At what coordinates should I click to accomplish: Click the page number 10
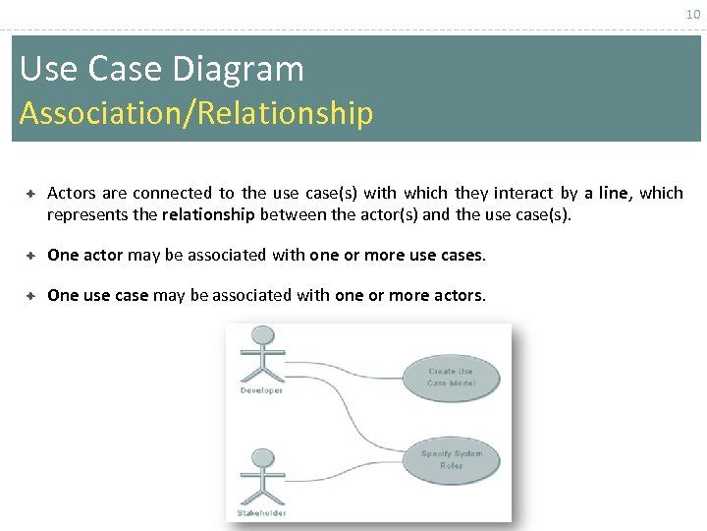[691, 14]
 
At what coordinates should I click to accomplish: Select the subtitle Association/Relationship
[196, 113]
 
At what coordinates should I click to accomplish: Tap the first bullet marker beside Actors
[31, 194]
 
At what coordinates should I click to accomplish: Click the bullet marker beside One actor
[31, 256]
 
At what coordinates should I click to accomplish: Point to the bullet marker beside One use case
[31, 296]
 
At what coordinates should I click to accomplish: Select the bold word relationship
[208, 214]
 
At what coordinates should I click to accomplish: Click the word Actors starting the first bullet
[72, 194]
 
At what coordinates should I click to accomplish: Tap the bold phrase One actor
[84, 256]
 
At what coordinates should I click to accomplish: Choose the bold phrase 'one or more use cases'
[396, 256]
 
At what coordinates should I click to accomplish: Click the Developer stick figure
[262, 355]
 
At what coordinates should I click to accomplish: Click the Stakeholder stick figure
[262, 477]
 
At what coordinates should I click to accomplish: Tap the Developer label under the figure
[261, 390]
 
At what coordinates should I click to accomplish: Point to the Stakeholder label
[262, 512]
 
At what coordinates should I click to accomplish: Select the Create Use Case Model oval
[451, 377]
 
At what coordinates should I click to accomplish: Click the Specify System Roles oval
[451, 459]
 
